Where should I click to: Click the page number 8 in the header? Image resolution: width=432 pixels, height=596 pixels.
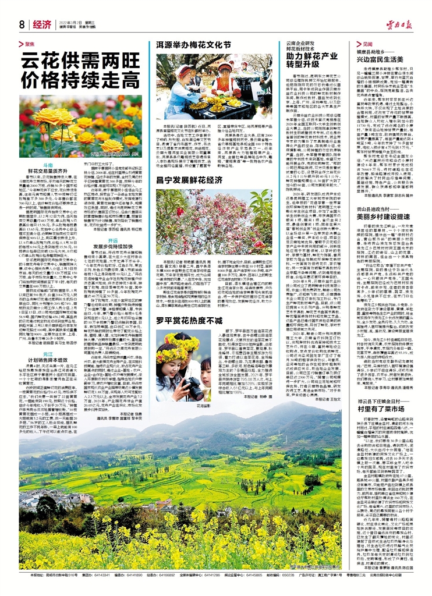(x=21, y=24)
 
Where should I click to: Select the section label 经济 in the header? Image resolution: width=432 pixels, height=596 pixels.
(x=42, y=24)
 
